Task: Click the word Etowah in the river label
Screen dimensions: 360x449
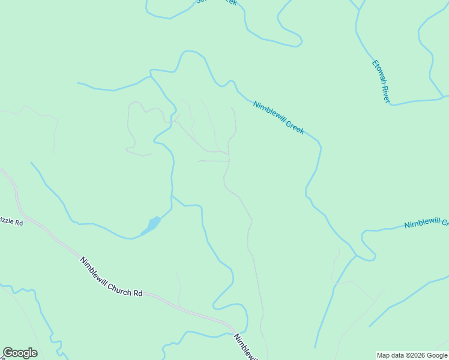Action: pyautogui.click(x=377, y=73)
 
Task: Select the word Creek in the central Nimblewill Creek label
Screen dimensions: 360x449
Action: pyautogui.click(x=295, y=125)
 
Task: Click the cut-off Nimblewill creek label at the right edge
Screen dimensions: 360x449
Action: pyautogui.click(x=426, y=224)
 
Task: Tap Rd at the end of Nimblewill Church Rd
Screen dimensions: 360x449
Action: pyautogui.click(x=138, y=293)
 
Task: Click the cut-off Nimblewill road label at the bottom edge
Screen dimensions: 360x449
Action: pyautogui.click(x=246, y=347)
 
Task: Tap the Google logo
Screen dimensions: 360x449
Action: pyautogui.click(x=20, y=353)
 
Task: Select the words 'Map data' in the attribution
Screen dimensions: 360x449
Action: pyautogui.click(x=390, y=355)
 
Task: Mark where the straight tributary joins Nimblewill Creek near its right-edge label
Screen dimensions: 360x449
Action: pyautogui.click(x=356, y=256)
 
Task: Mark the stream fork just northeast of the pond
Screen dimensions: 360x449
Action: pyautogui.click(x=173, y=196)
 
